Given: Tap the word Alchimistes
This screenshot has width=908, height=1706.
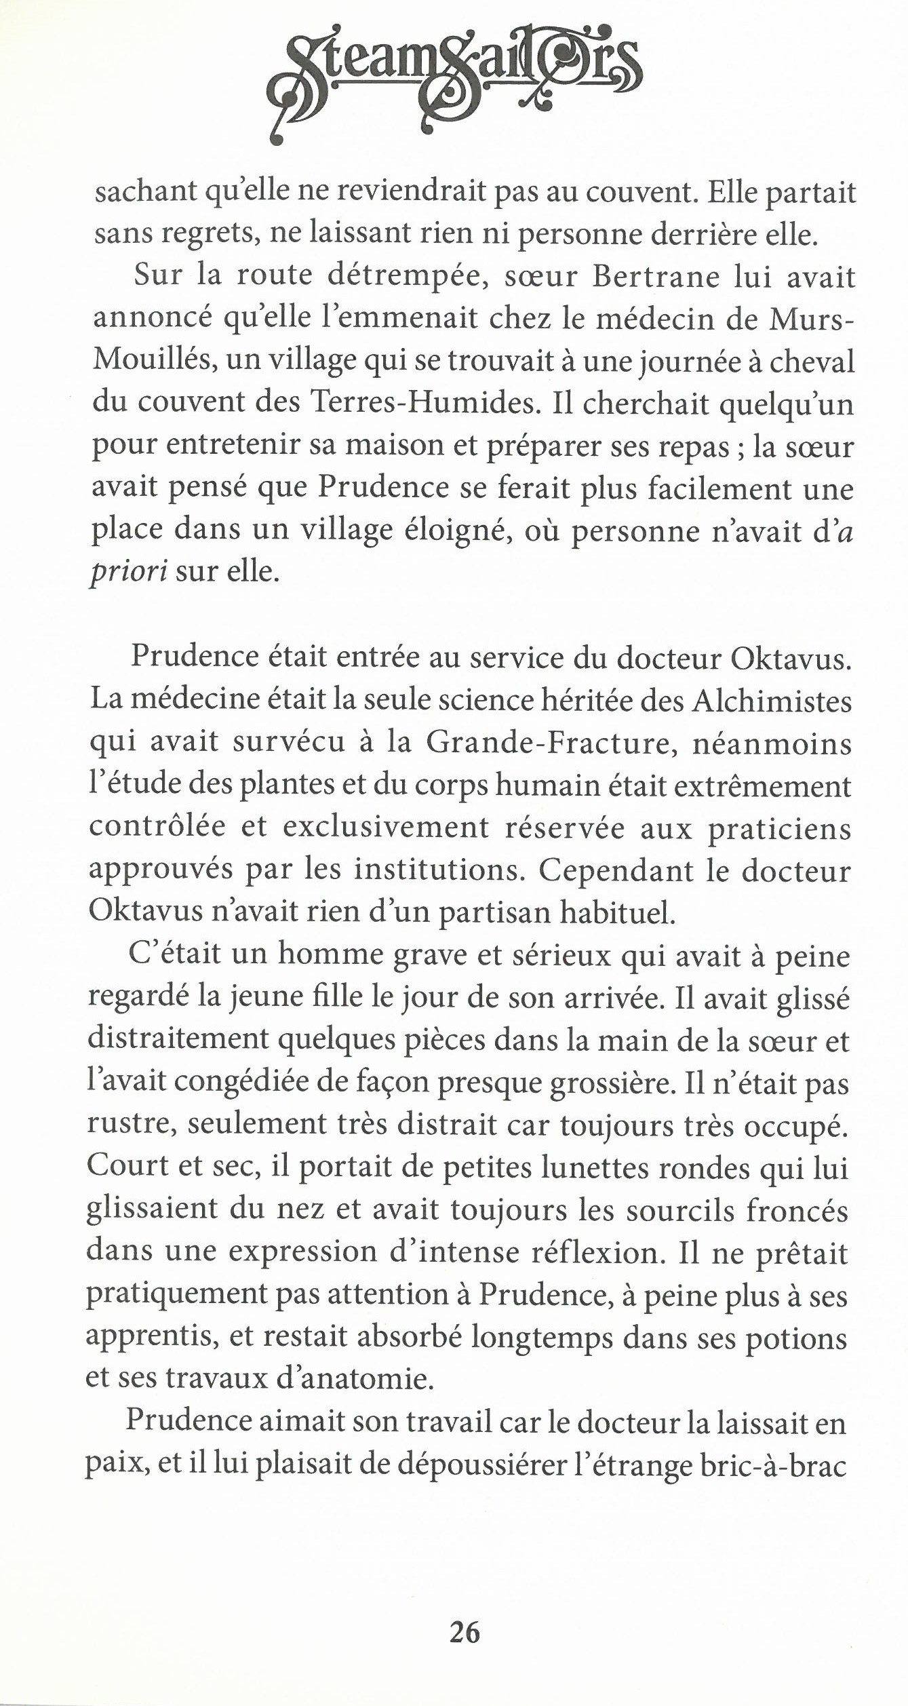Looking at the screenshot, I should (771, 701).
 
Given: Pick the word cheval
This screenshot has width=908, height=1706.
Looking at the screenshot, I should (813, 362).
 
